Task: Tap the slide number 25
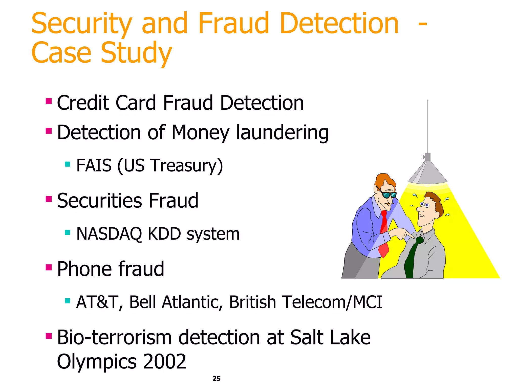coord(216,378)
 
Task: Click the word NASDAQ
coord(109,234)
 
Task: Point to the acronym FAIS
coord(94,165)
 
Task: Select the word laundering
coord(282,133)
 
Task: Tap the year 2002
coord(165,361)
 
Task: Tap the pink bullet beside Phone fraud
coord(49,267)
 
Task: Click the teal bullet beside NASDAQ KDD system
coord(67,232)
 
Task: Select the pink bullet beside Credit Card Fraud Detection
coord(49,101)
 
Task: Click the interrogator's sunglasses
coord(389,195)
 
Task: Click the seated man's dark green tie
coord(412,258)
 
